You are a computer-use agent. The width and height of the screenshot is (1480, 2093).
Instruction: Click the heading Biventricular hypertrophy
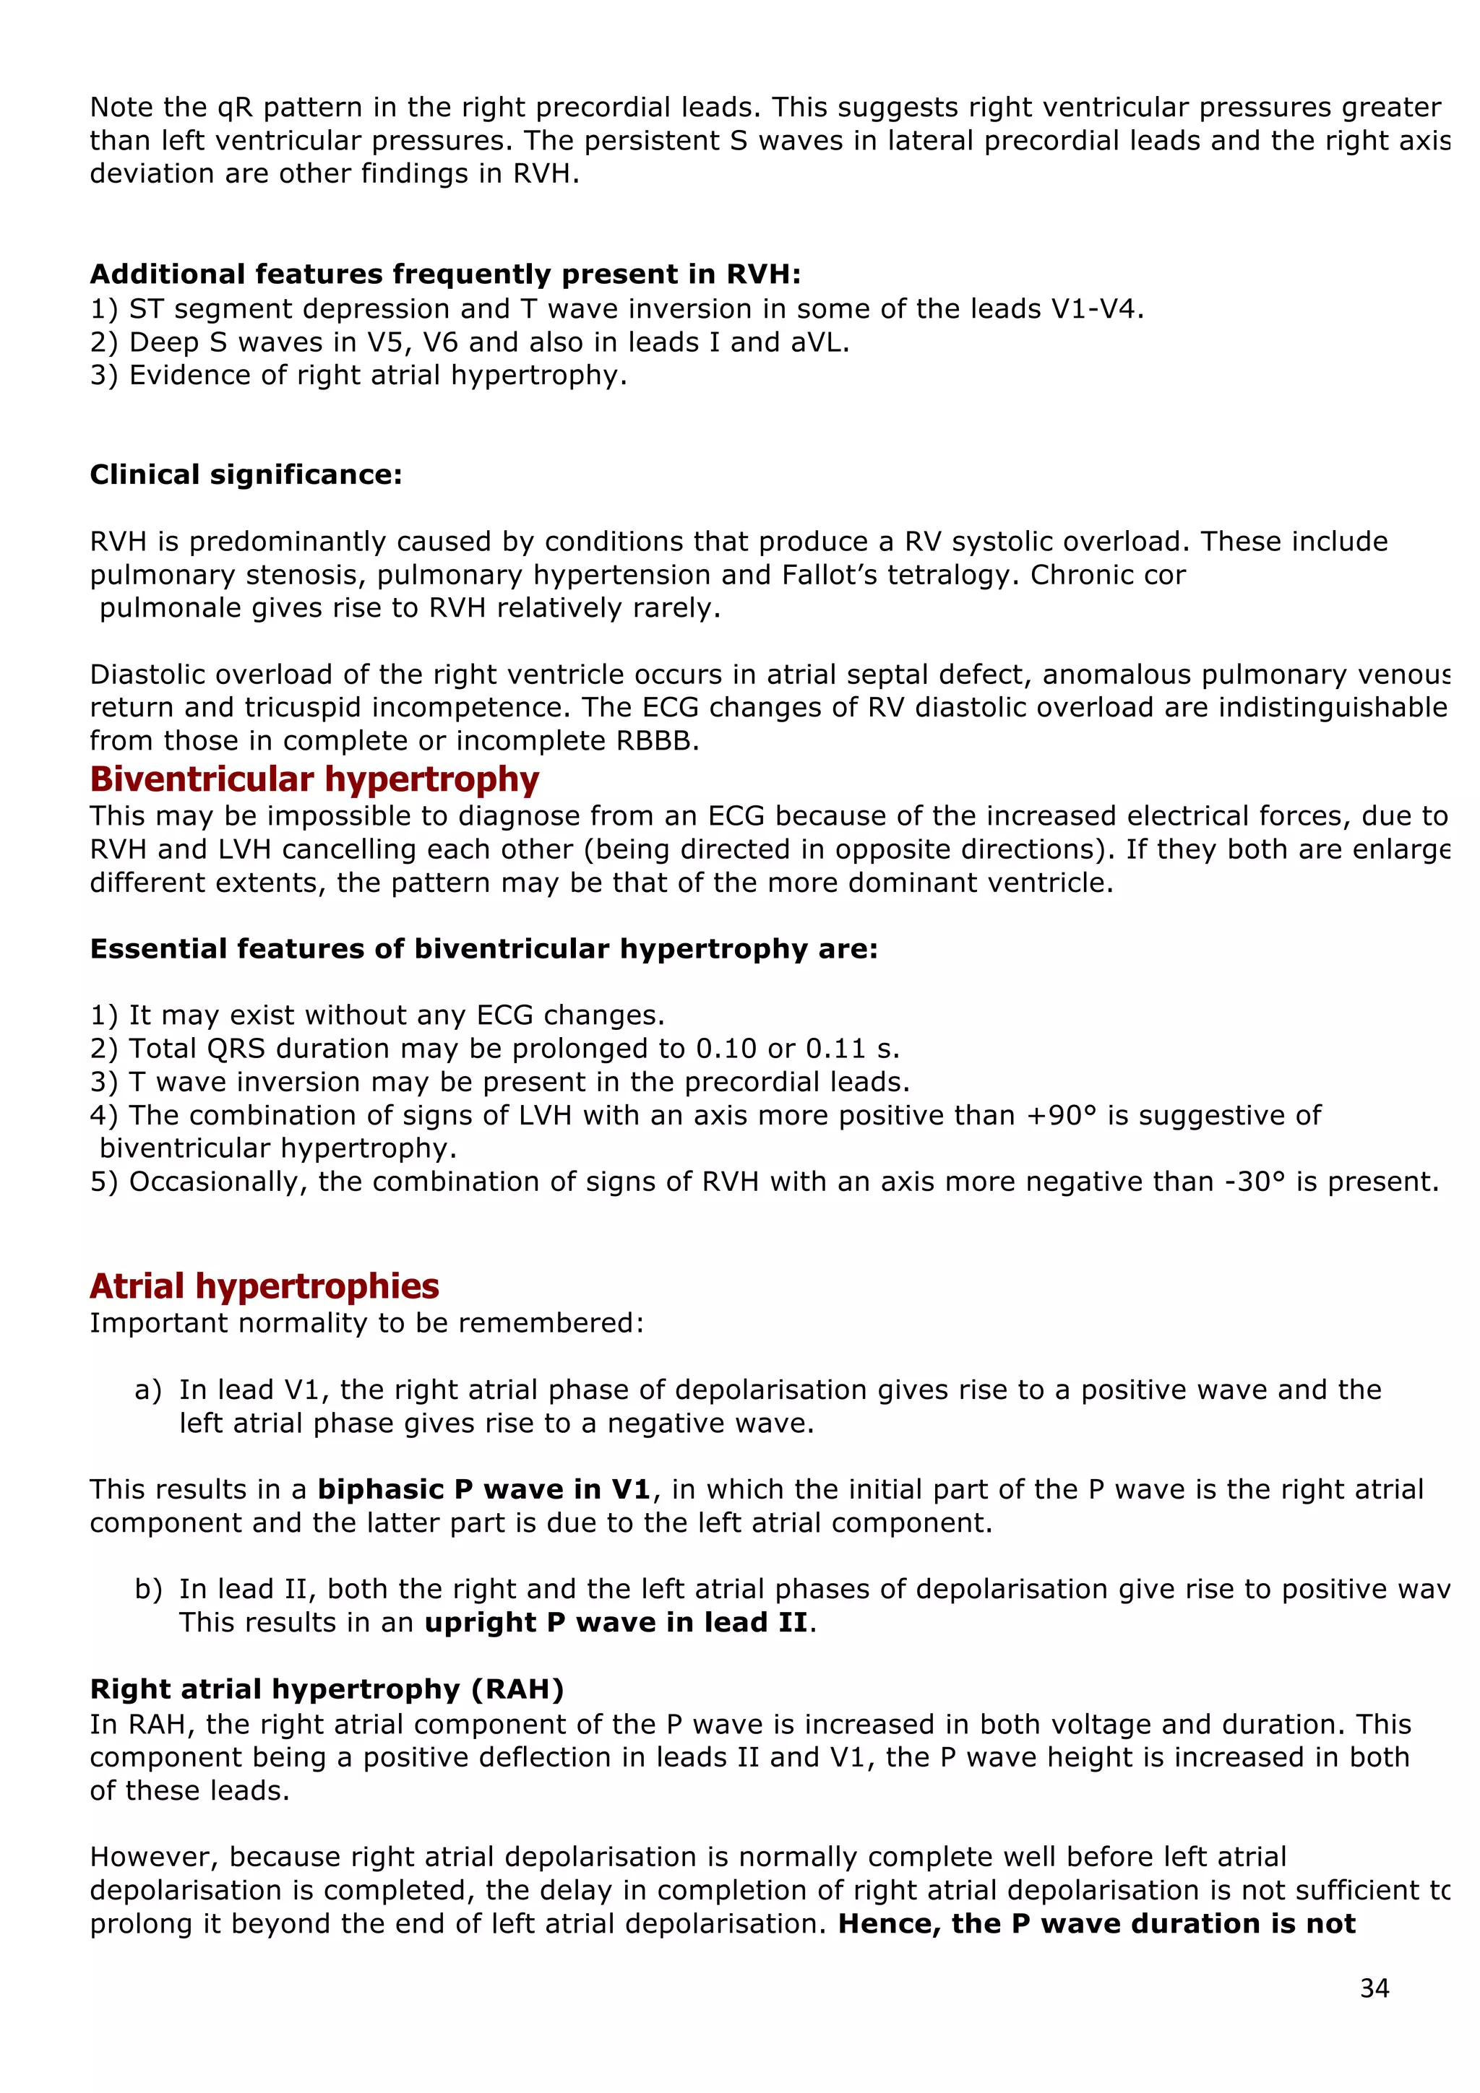click(314, 780)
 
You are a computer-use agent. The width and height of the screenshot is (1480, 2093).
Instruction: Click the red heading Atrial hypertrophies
click(264, 1286)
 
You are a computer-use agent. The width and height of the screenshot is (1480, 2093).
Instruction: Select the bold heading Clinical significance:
click(245, 475)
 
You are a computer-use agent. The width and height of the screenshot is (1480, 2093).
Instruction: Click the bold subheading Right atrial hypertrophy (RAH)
click(327, 1689)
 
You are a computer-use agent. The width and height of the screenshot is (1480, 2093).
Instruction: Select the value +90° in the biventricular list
click(1061, 1116)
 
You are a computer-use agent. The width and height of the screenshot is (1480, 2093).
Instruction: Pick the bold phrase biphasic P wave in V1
click(483, 1489)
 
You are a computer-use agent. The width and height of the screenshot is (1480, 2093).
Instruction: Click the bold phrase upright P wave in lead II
click(616, 1623)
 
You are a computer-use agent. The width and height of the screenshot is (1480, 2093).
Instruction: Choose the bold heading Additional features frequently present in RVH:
click(445, 274)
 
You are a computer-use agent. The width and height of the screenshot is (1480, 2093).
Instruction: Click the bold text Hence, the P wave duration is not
click(1096, 1923)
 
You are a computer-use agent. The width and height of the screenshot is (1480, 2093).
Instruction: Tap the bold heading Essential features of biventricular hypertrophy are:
click(483, 949)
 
